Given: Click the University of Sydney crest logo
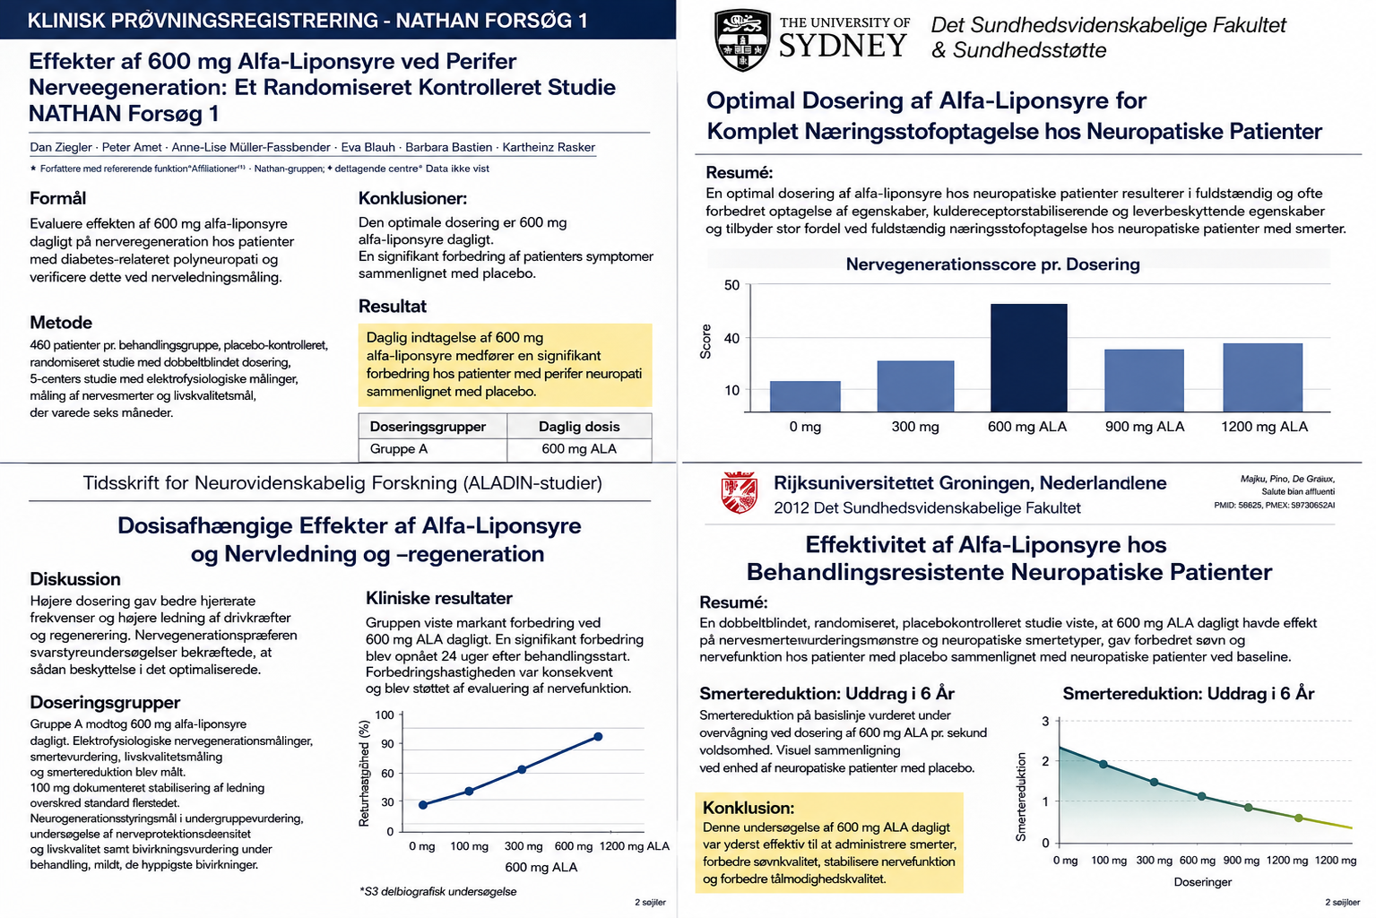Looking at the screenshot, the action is pos(742,40).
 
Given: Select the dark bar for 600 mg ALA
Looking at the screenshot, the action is pos(1029,358).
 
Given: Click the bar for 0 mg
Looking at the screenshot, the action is pos(805,396).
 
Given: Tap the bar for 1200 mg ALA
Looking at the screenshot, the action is pos(1263,377).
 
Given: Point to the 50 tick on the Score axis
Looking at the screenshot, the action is pos(732,285).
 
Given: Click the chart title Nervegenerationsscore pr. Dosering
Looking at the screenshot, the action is pos(992,264).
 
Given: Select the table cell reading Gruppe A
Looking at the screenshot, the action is pos(399,449).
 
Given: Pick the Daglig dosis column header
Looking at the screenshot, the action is pos(579,427).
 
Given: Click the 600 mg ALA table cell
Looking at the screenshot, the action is pos(579,449).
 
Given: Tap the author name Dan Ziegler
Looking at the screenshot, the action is pos(61,147).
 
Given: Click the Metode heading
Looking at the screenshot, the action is pos(61,323).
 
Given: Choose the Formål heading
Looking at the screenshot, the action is pos(57,198).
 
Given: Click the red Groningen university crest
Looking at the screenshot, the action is pos(739,493).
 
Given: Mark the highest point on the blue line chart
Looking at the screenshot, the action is pos(598,737).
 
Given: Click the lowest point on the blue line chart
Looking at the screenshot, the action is pos(423,805).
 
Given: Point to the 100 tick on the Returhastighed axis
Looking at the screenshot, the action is pos(385,715).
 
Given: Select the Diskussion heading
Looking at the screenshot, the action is pos(75,579).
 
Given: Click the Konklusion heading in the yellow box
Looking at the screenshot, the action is pos(749,808).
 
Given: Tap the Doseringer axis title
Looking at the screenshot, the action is pos(1203,882).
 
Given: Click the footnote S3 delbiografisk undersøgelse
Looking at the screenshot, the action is pos(438,892).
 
